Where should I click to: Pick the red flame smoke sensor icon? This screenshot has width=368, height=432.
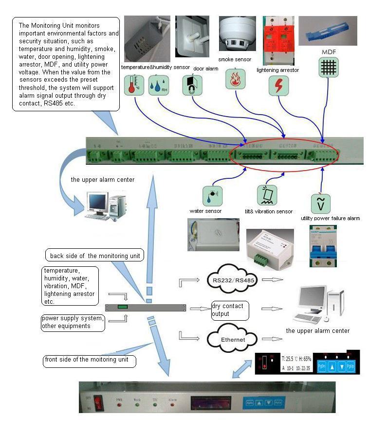tap(235, 79)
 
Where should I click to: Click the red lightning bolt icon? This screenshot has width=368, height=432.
tap(278, 85)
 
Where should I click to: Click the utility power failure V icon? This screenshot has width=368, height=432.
tap(321, 204)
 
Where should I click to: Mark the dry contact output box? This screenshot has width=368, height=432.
tap(230, 311)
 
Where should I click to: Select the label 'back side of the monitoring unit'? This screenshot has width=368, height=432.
tap(95, 256)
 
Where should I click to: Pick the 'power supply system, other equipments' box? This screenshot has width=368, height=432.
tap(73, 322)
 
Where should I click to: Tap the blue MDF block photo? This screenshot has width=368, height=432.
tap(331, 32)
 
